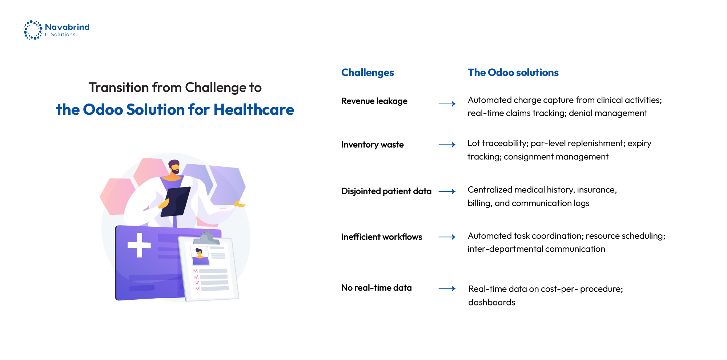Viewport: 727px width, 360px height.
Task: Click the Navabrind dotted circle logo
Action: point(33,30)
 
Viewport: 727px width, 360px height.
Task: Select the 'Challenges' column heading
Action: point(367,73)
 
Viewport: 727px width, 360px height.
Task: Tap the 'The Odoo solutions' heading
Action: point(513,73)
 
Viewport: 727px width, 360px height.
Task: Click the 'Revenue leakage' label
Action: point(374,101)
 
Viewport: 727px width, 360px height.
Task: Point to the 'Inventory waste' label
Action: point(372,145)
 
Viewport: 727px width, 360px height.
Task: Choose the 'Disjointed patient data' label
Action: point(386,191)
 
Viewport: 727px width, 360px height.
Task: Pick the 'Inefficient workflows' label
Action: point(381,237)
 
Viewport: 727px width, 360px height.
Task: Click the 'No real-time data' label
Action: point(376,288)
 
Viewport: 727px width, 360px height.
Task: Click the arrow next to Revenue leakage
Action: point(447,104)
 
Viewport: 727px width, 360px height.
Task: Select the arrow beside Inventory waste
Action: point(447,145)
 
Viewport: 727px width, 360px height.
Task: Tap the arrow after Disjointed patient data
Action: point(447,191)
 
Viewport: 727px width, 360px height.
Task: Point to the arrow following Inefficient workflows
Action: point(447,237)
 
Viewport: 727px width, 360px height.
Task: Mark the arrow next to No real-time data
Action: point(447,289)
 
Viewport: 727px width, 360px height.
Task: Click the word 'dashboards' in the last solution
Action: point(491,302)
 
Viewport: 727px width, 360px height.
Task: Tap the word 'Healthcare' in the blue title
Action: point(254,110)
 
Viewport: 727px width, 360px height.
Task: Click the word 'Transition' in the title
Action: point(119,88)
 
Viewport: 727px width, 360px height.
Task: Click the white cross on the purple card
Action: point(139,245)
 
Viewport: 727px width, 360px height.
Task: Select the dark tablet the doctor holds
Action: point(176,201)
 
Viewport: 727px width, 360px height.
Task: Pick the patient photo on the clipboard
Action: point(200,255)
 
